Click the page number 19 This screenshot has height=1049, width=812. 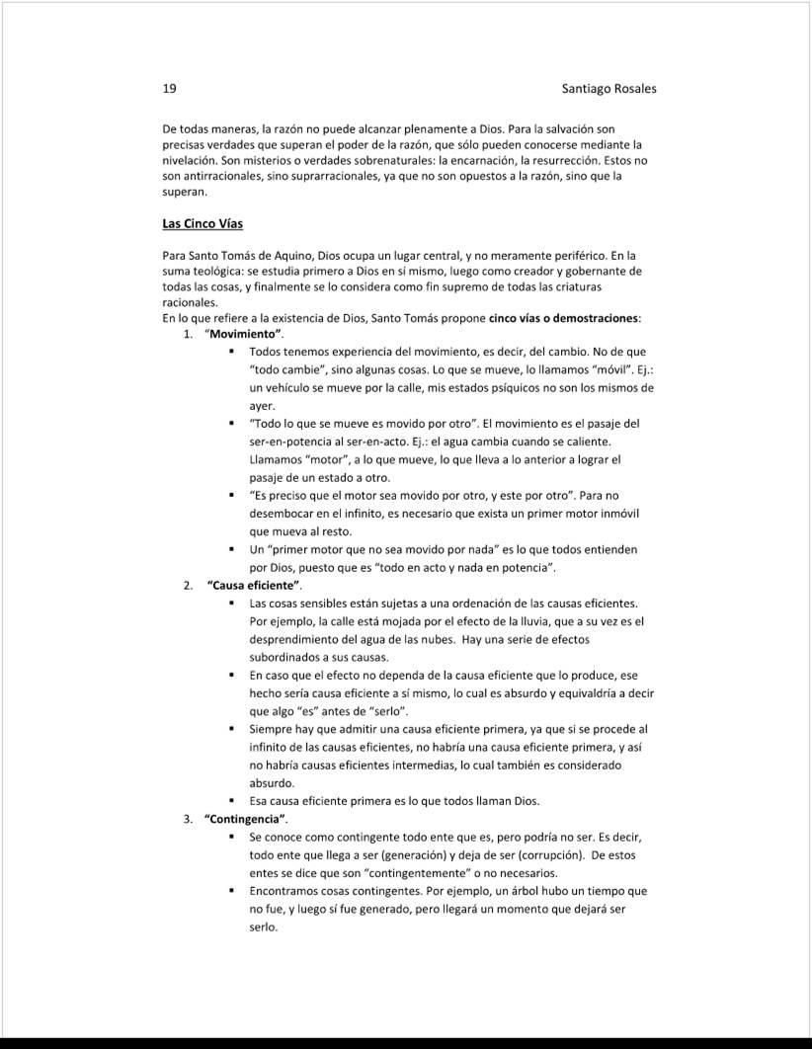(x=169, y=89)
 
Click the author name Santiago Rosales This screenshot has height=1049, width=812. (x=609, y=89)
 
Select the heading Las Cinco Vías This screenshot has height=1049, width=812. (x=203, y=224)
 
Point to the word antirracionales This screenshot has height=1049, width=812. (x=215, y=176)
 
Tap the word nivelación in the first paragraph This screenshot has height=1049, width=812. (x=196, y=160)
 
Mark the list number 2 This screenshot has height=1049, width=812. (x=187, y=586)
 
